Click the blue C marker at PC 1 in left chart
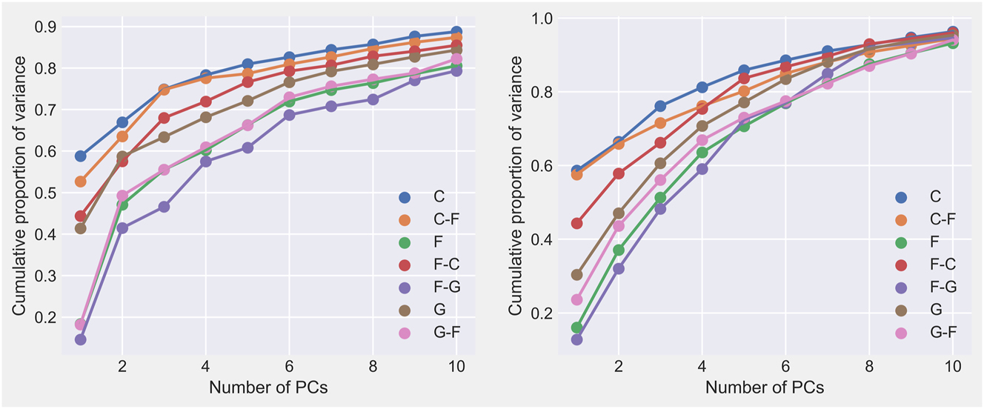pos(80,156)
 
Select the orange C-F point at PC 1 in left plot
pos(80,182)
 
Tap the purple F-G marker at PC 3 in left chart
pos(164,207)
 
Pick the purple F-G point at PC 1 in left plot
pos(80,339)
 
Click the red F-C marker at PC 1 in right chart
pos(576,223)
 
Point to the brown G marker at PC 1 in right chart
pos(576,275)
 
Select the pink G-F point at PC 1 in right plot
pos(576,299)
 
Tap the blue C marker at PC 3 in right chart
pos(660,106)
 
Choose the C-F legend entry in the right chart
pos(941,219)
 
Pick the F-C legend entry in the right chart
pos(941,263)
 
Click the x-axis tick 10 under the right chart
pos(953,366)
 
